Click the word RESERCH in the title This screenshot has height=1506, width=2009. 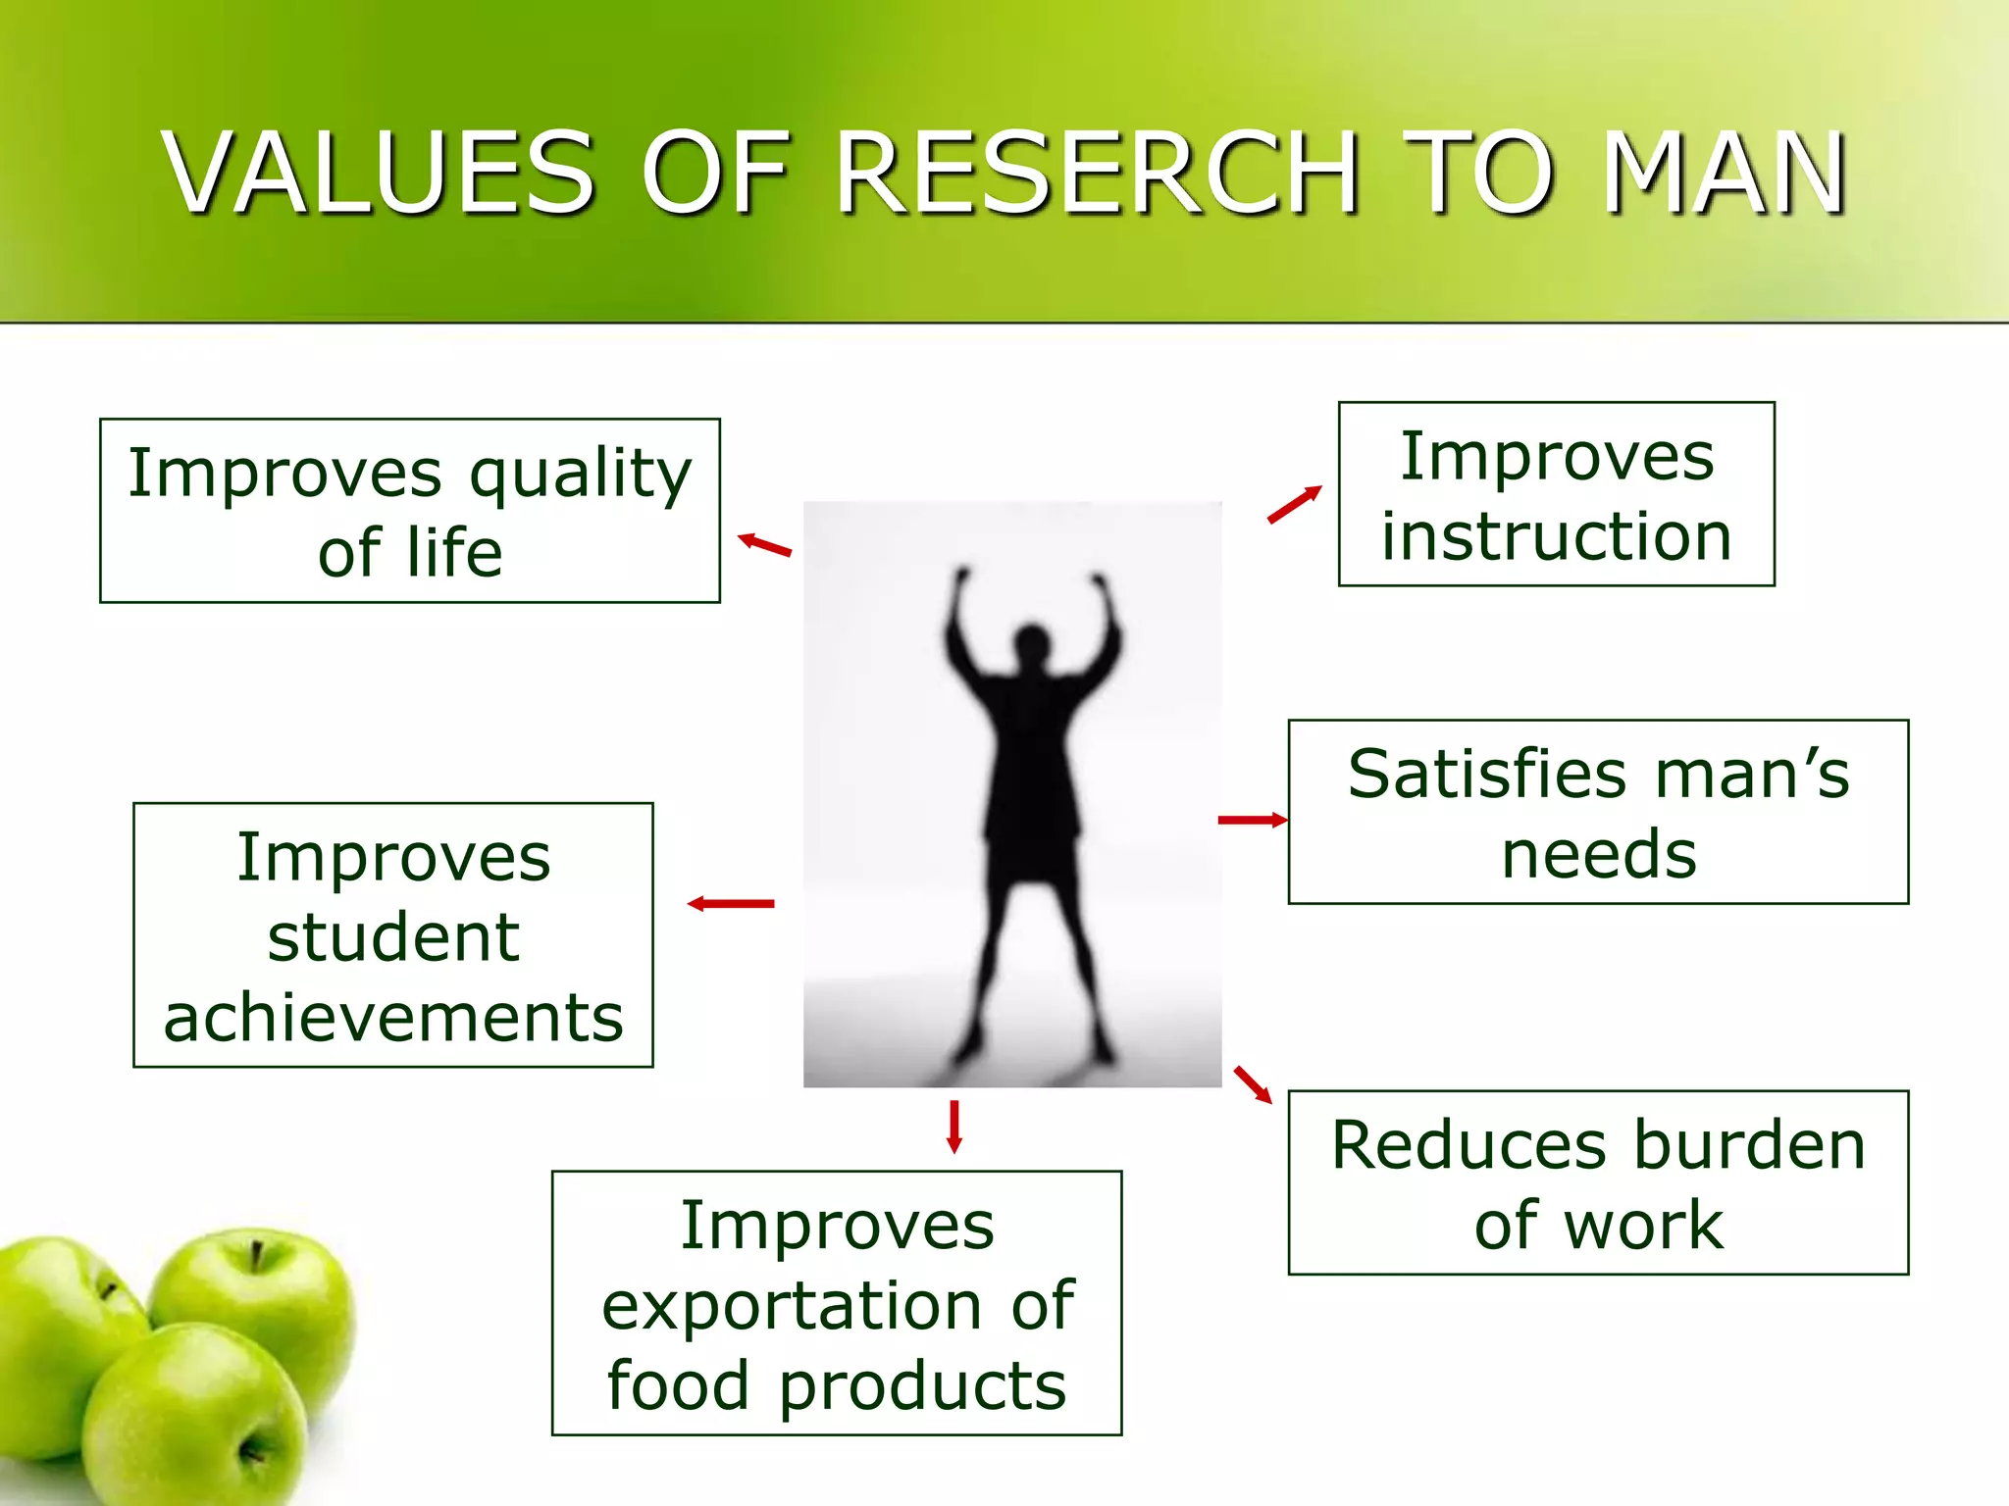[x=1097, y=174]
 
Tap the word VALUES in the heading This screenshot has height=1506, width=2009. [x=380, y=174]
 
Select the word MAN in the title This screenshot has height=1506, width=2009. [x=1725, y=174]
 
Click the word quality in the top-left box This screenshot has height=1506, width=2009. [x=580, y=476]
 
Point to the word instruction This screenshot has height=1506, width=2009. [x=1556, y=537]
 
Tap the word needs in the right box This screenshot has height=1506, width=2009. [x=1598, y=854]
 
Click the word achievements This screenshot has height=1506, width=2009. [x=393, y=1018]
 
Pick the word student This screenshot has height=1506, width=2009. [x=393, y=937]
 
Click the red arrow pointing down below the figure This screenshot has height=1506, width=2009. [x=953, y=1128]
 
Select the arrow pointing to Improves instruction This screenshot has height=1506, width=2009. [x=1294, y=505]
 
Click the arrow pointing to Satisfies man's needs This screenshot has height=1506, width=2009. [x=1252, y=820]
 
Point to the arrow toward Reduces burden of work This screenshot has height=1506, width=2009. [x=1253, y=1084]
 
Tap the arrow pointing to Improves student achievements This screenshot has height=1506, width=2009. [x=731, y=904]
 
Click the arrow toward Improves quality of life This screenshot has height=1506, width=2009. [x=764, y=545]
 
